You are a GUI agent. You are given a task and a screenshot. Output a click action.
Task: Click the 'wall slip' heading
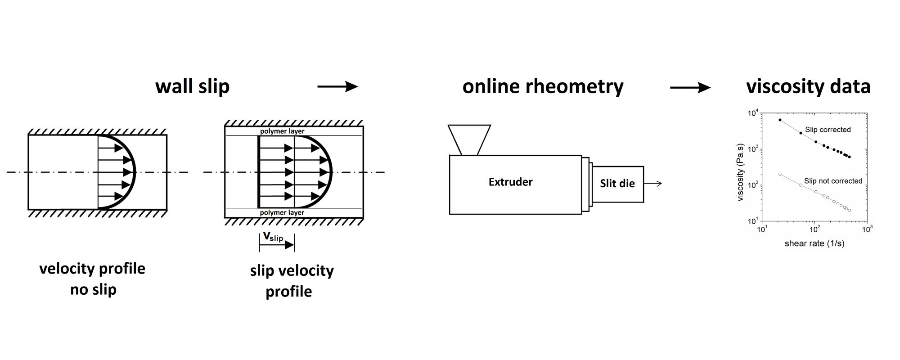pyautogui.click(x=192, y=86)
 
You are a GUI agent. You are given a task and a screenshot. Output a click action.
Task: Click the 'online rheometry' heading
pyautogui.click(x=543, y=86)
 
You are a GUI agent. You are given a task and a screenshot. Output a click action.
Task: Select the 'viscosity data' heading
pyautogui.click(x=808, y=86)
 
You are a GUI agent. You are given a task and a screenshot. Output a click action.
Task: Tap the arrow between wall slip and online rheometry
pyautogui.click(x=337, y=86)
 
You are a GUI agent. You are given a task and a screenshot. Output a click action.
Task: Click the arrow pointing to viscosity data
pyautogui.click(x=690, y=87)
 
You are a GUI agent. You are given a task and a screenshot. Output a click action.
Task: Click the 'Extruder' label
pyautogui.click(x=510, y=182)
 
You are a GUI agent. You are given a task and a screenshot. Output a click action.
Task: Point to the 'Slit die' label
pyautogui.click(x=617, y=183)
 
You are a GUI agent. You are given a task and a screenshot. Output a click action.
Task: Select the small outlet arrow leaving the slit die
pyautogui.click(x=653, y=183)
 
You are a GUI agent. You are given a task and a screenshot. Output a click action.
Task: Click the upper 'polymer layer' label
pyautogui.click(x=282, y=131)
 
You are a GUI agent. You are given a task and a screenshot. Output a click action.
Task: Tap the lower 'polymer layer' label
pyautogui.click(x=282, y=212)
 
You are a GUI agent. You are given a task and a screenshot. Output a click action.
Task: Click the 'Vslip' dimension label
pyautogui.click(x=273, y=237)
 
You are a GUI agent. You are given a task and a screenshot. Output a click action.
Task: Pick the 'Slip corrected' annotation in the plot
pyautogui.click(x=828, y=130)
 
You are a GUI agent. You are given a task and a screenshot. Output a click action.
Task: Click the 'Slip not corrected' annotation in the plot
pyautogui.click(x=833, y=181)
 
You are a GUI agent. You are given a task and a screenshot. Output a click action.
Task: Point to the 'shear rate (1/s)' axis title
pyautogui.click(x=814, y=243)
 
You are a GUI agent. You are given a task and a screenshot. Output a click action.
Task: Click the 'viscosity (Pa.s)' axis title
pyautogui.click(x=741, y=172)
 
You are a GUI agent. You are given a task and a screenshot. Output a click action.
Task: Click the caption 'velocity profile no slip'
pyautogui.click(x=92, y=279)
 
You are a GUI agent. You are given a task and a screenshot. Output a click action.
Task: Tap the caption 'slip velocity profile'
pyautogui.click(x=291, y=280)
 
